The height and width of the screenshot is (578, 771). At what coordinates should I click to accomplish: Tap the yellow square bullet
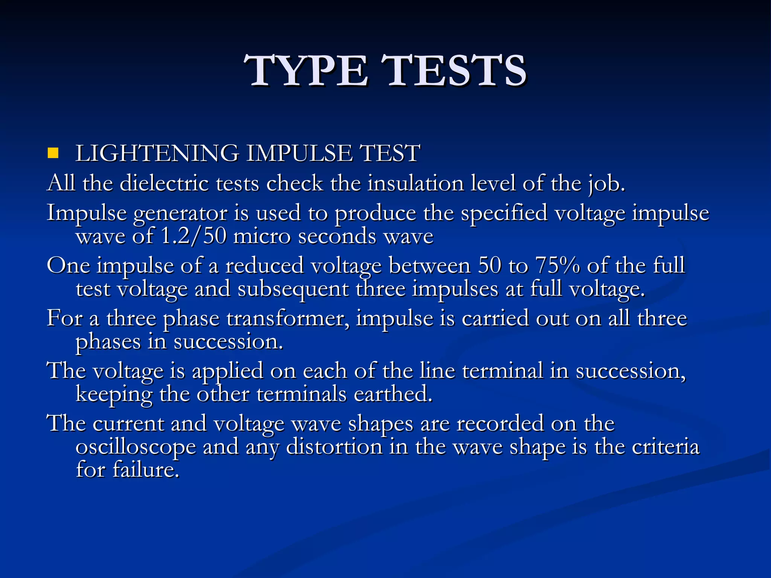click(x=53, y=153)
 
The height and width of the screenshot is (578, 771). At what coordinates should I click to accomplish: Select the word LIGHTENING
click(x=157, y=154)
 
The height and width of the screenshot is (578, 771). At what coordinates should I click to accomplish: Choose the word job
click(x=606, y=184)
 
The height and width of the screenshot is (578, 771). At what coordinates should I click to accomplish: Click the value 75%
click(x=557, y=266)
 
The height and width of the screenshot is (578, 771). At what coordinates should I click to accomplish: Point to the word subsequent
click(x=293, y=290)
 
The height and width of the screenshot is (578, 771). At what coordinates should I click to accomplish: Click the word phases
click(x=108, y=342)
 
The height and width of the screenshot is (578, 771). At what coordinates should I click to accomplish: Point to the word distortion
click(x=334, y=447)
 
